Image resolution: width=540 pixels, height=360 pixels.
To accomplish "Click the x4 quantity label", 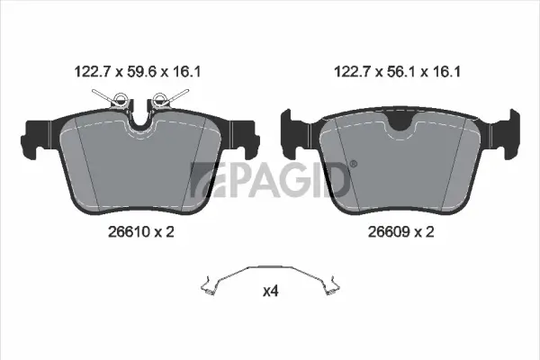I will (269, 292).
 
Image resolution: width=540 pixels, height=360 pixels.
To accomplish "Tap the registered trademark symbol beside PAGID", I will (353, 164).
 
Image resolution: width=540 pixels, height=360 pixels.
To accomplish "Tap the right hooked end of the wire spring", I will (333, 288).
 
